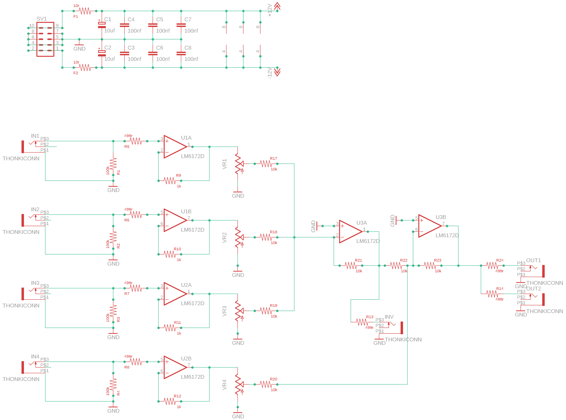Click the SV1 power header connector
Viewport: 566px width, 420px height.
tap(45, 39)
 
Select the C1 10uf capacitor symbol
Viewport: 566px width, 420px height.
tap(102, 25)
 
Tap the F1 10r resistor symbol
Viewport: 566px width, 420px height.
tap(85, 11)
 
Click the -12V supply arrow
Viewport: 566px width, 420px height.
tap(277, 72)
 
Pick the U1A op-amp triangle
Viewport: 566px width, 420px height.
tap(175, 147)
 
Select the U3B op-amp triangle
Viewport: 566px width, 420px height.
tap(430, 226)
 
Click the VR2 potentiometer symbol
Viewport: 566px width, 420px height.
tap(239, 237)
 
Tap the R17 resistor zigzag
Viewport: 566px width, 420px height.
tap(266, 164)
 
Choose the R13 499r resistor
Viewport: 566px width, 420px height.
tap(362, 322)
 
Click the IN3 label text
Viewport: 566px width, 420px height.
tap(35, 283)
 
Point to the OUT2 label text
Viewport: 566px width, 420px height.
tap(533, 289)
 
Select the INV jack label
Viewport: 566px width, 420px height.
tap(389, 317)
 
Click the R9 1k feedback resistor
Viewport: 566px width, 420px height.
tap(170, 181)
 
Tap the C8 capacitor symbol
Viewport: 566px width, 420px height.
tap(181, 53)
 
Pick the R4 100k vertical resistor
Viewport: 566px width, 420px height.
tap(113, 384)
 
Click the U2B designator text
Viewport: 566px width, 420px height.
tap(186, 359)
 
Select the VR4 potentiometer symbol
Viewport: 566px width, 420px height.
tap(239, 384)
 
